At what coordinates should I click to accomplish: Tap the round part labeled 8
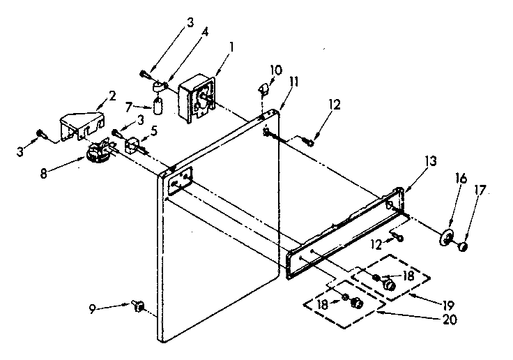point(98,152)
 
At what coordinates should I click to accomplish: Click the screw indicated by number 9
point(138,306)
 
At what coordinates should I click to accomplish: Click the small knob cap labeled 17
point(462,245)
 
